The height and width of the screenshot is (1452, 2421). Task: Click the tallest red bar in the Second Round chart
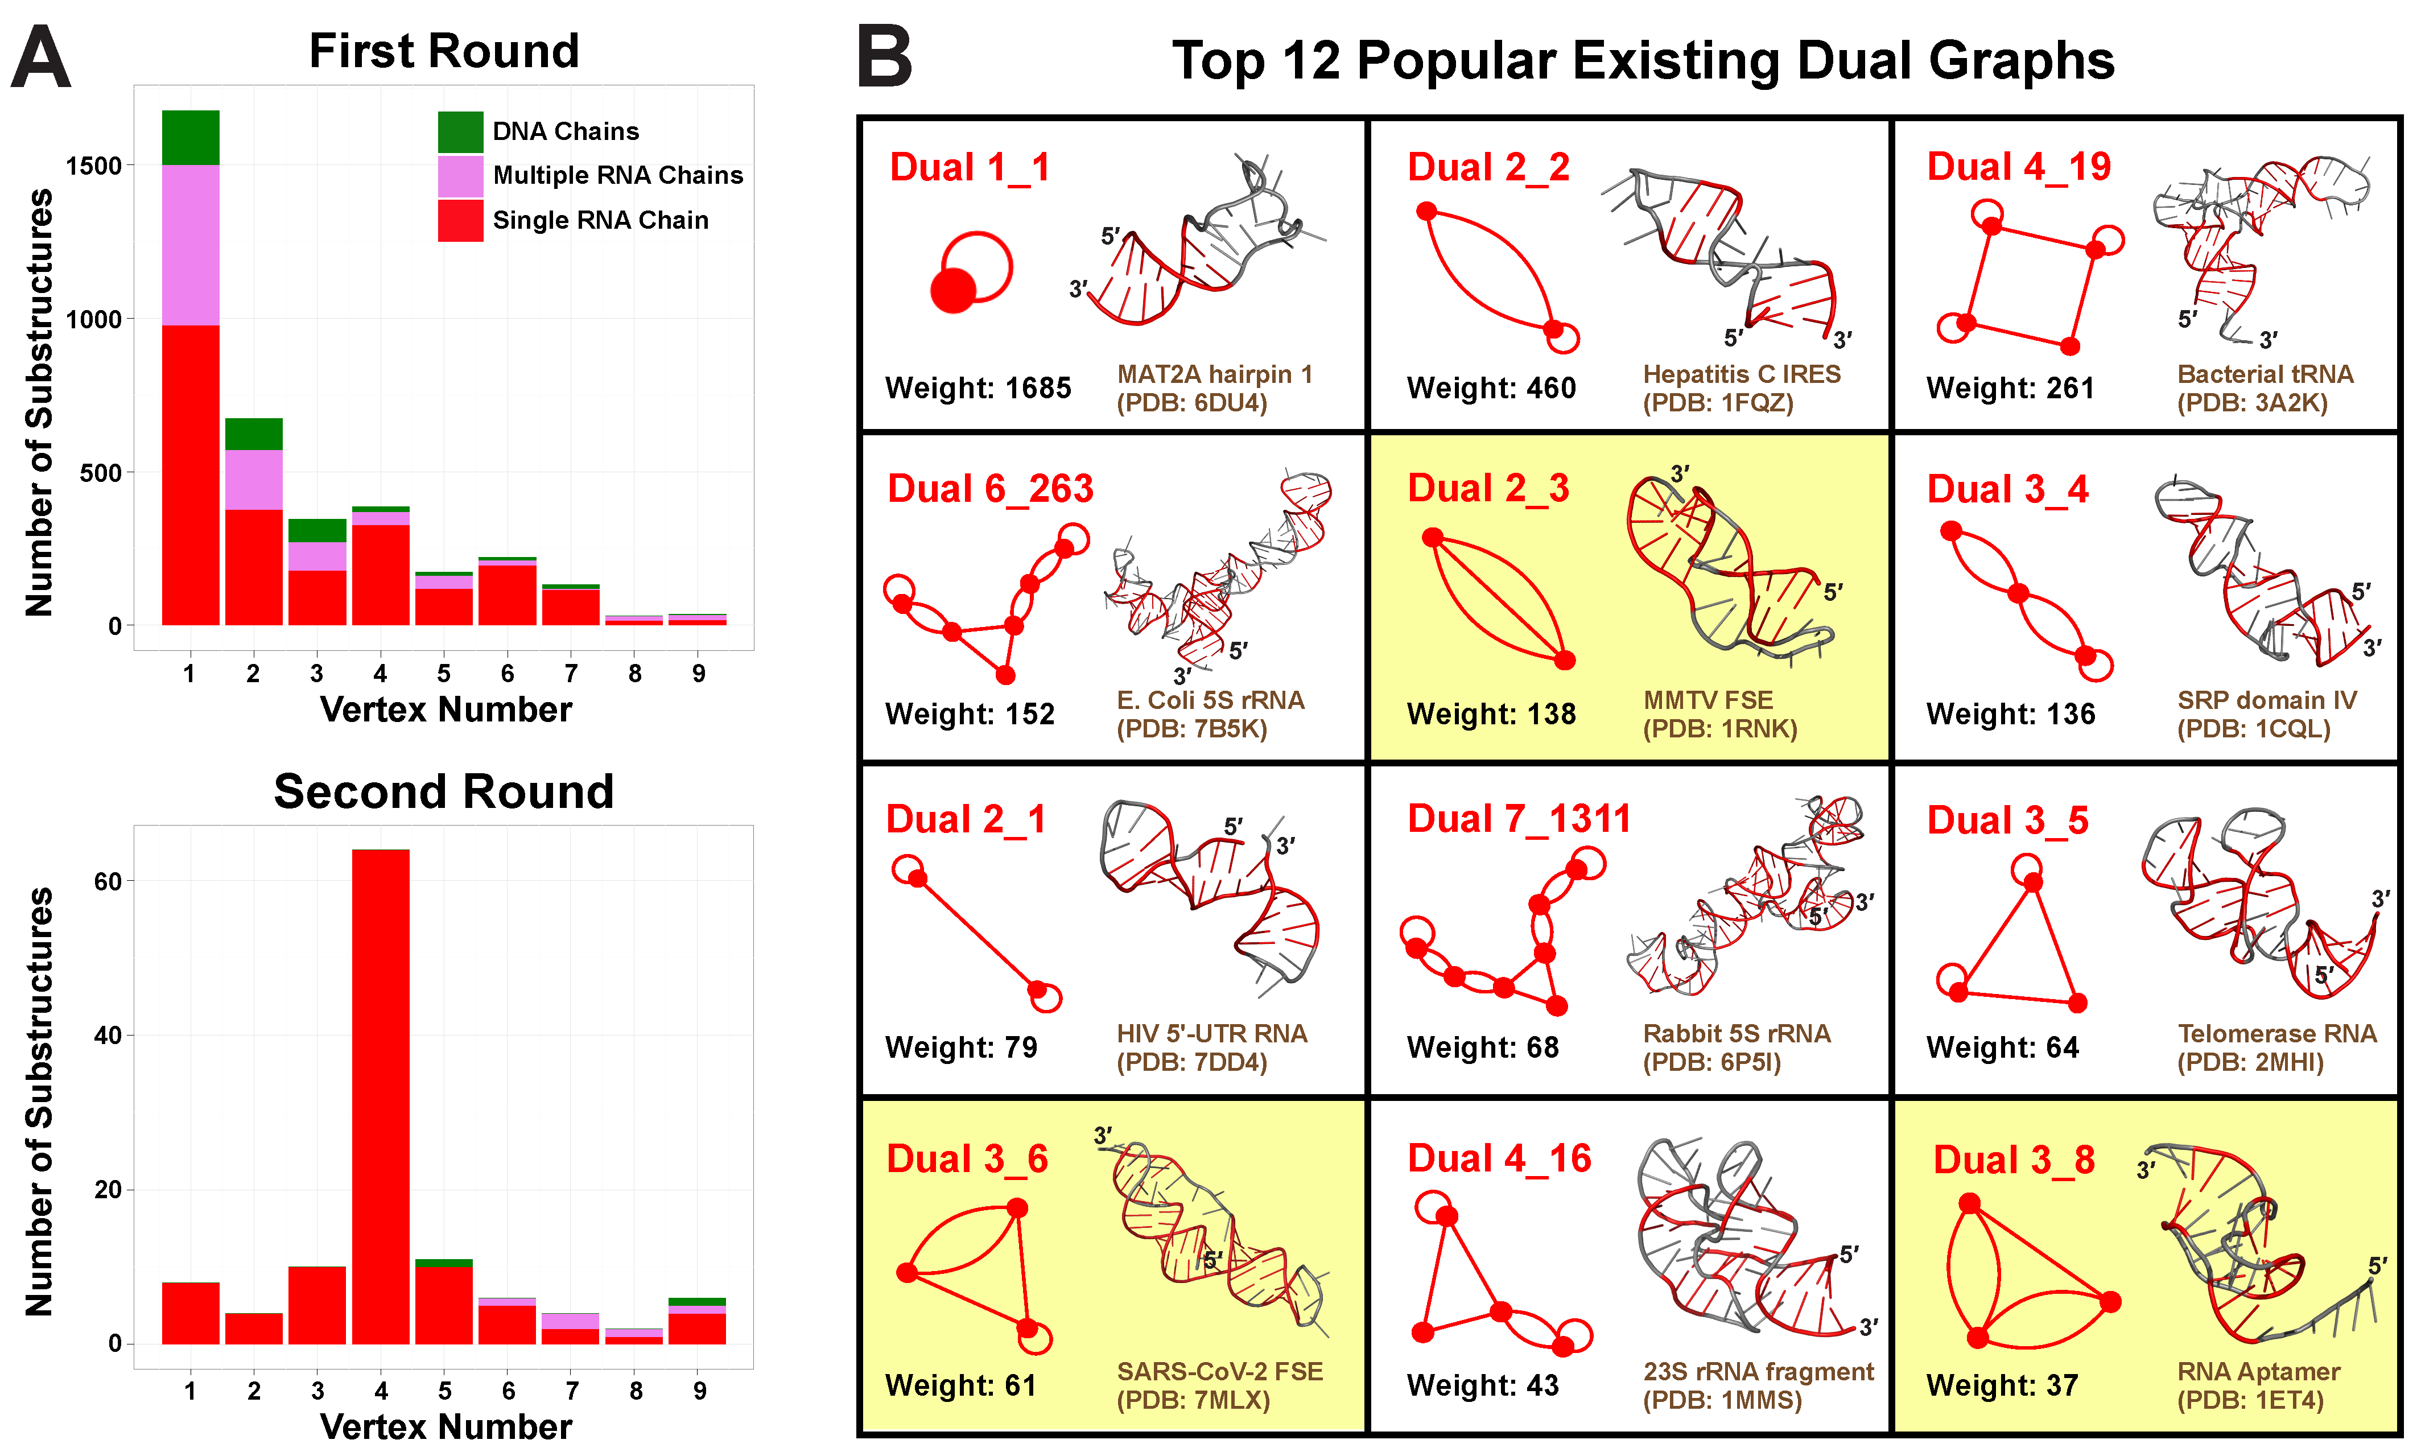tap(381, 1097)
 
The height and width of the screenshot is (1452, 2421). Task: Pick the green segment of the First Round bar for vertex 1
tap(191, 138)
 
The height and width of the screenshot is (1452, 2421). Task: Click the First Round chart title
tap(444, 51)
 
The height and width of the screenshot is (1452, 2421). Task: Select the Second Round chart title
tap(444, 791)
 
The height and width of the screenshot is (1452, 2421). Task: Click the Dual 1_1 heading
tap(970, 167)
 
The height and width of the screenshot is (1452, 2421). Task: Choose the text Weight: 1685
tap(978, 389)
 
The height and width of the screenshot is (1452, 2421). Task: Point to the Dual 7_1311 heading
tap(1519, 819)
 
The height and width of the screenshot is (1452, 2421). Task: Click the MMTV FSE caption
tap(1708, 700)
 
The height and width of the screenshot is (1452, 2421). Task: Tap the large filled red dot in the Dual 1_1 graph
tap(952, 291)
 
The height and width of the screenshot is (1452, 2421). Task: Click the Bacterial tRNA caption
tap(2266, 375)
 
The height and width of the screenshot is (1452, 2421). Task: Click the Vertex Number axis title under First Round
tap(446, 709)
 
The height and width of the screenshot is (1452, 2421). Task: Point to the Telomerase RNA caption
tap(2277, 1034)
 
